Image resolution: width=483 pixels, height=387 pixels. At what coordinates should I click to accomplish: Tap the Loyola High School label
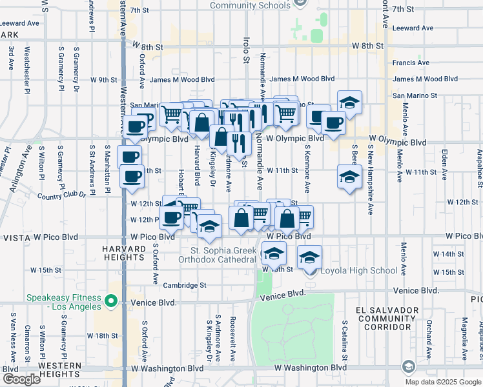pos(359,270)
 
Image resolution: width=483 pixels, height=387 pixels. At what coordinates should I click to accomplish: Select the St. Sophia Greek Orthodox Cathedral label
pos(223,255)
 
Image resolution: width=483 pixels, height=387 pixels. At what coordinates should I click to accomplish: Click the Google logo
pos(21,379)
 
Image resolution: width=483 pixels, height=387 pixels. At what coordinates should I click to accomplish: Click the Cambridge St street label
pos(185,285)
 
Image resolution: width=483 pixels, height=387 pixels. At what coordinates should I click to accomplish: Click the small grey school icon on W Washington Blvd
pos(407,368)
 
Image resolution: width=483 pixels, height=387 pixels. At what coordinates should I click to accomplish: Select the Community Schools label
pos(250,6)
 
